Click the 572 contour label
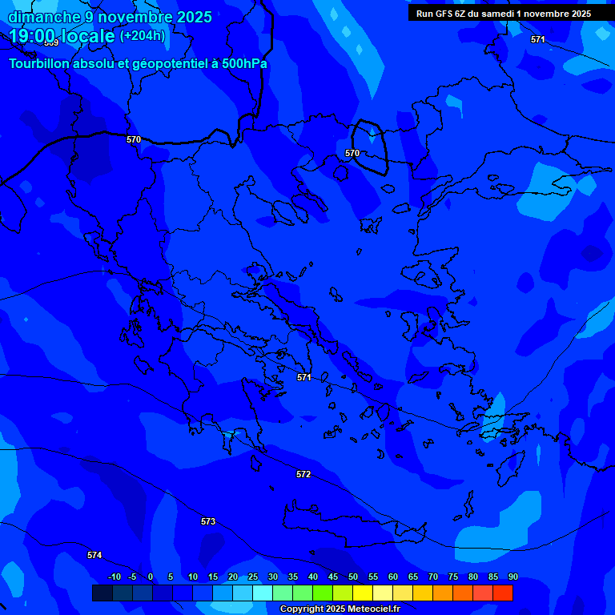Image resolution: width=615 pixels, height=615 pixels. point(303,475)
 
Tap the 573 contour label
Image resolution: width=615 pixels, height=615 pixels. point(208,521)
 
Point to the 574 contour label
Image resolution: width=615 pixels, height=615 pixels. point(94,555)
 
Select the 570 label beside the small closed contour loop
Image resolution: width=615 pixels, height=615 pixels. point(352,153)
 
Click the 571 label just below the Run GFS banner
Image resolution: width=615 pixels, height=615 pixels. point(537,39)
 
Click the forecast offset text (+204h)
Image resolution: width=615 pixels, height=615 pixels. point(143,35)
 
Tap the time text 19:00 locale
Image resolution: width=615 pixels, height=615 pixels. point(62,36)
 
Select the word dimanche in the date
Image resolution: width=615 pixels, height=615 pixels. point(44,17)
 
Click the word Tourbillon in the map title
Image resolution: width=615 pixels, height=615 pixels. point(45,63)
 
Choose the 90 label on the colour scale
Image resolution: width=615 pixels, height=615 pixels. point(512,577)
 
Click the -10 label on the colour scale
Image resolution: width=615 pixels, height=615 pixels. point(114,577)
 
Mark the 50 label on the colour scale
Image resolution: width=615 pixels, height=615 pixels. point(353,577)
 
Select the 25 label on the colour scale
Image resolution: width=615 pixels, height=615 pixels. point(253,577)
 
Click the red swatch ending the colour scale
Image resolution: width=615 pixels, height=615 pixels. point(503,593)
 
